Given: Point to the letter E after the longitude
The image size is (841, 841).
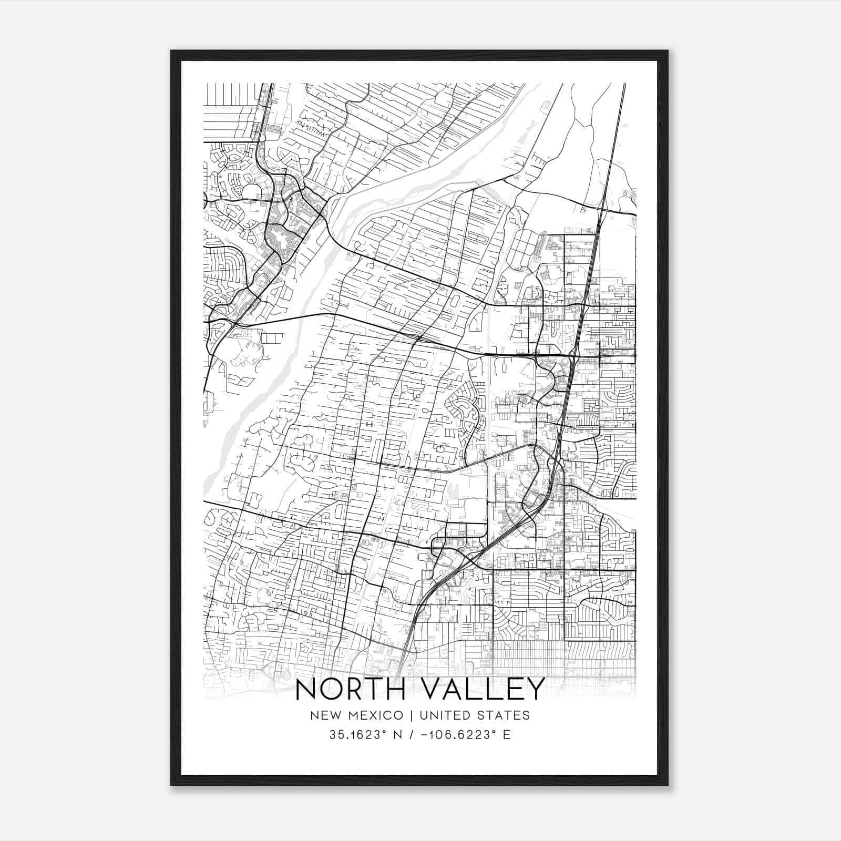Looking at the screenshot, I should click(x=507, y=735).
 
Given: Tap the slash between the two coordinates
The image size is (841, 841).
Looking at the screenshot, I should click(x=408, y=735).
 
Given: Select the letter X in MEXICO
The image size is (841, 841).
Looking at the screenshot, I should click(x=370, y=715).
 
